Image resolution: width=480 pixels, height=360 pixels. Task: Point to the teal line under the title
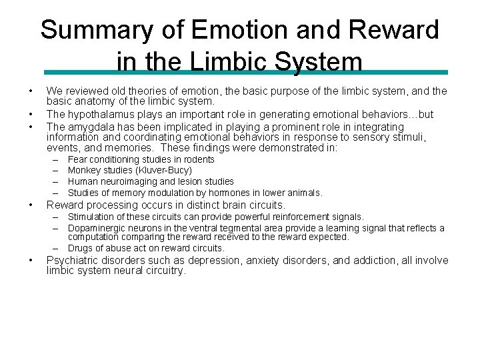click(246, 72)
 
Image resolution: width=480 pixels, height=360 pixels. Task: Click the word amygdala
click(88, 127)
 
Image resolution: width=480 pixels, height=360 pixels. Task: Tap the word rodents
click(197, 160)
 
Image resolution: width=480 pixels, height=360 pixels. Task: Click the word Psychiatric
click(74, 261)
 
